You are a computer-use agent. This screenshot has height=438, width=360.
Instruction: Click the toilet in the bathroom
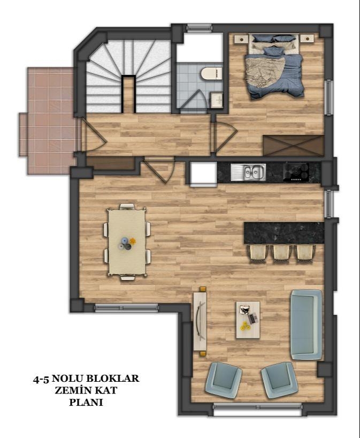click(211, 74)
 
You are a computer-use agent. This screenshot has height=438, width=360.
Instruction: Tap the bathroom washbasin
click(217, 100)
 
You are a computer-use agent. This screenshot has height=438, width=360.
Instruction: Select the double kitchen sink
click(248, 172)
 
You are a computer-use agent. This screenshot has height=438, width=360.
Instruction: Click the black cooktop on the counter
click(296, 172)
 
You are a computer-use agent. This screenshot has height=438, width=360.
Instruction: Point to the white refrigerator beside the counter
click(203, 173)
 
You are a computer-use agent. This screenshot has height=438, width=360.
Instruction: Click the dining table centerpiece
click(127, 244)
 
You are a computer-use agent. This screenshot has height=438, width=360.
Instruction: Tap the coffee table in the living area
click(248, 320)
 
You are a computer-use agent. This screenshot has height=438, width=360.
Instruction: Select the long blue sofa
click(306, 324)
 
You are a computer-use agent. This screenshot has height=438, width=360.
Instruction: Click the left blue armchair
click(223, 380)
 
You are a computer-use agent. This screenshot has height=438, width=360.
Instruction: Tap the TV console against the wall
click(200, 321)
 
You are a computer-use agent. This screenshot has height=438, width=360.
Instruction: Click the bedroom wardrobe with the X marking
click(293, 146)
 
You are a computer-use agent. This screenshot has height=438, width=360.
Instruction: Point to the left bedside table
click(241, 39)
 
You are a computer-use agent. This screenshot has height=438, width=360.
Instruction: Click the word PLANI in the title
click(86, 402)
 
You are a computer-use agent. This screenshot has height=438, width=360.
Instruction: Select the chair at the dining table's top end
click(127, 207)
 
